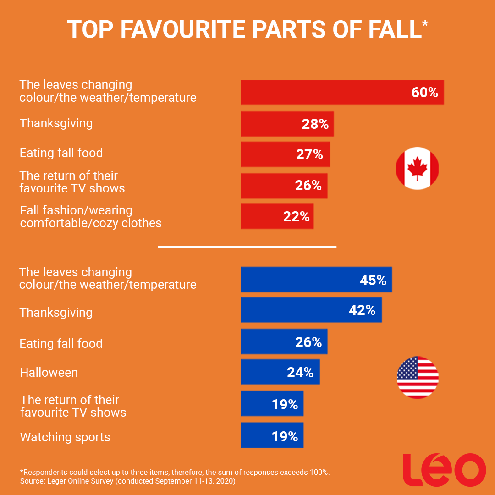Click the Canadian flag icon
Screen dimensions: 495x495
(x=417, y=168)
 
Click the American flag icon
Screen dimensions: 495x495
(x=418, y=377)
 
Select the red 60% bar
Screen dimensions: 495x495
(x=342, y=92)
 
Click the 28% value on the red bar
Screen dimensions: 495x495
(x=315, y=124)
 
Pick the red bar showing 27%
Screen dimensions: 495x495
(x=285, y=154)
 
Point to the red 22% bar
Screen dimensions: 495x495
(x=277, y=216)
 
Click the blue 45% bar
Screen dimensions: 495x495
(x=316, y=280)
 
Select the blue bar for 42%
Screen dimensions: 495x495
(x=311, y=310)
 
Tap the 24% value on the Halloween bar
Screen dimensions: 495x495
(x=300, y=373)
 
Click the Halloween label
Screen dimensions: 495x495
(x=49, y=373)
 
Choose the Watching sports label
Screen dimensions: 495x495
(x=65, y=437)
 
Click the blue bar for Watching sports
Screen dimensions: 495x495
(x=272, y=435)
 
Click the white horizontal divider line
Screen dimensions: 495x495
(x=247, y=247)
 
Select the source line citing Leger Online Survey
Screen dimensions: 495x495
(x=127, y=481)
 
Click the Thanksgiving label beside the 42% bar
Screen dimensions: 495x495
(x=56, y=313)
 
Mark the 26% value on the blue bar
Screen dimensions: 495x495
(x=308, y=342)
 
